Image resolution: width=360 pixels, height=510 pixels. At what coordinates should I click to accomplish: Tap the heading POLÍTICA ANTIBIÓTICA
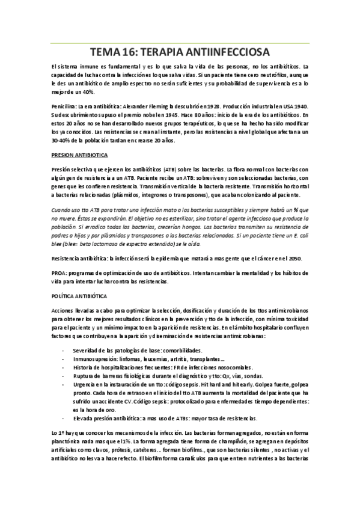point(79,296)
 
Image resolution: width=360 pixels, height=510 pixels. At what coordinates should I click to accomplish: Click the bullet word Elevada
point(84,418)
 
